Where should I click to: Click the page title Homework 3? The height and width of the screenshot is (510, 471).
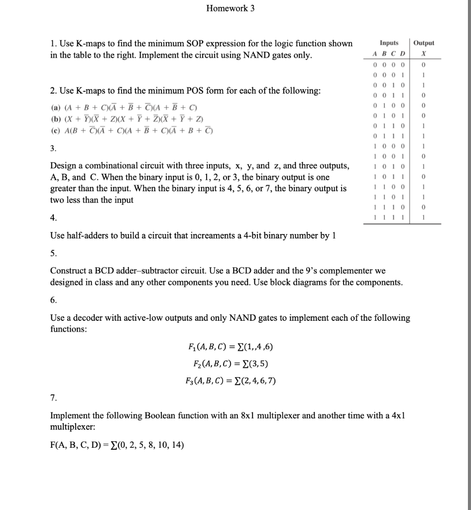click(231, 8)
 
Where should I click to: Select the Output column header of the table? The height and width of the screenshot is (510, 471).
click(424, 43)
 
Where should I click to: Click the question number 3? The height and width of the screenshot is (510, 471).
click(53, 148)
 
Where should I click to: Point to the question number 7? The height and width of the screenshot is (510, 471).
click(53, 398)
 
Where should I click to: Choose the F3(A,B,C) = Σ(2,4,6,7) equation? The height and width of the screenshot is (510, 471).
click(231, 382)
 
